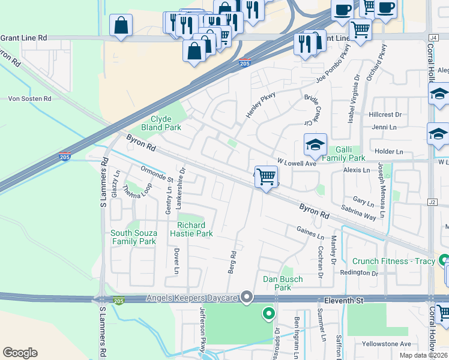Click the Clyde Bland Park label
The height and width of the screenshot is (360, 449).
161,124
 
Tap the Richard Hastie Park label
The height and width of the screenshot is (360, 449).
196,229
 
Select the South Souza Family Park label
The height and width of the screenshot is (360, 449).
133,237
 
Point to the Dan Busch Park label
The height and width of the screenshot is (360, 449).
283,283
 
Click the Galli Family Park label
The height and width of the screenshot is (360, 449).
343,154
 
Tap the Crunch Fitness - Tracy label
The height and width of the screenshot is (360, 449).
394,261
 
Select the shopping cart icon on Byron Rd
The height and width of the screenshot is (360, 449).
266,177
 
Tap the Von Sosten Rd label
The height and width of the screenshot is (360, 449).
29,98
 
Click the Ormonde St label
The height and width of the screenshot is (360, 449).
157,175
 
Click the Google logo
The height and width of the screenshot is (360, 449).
20,353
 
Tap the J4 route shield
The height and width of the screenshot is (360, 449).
433,37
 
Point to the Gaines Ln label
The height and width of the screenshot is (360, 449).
310,231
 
